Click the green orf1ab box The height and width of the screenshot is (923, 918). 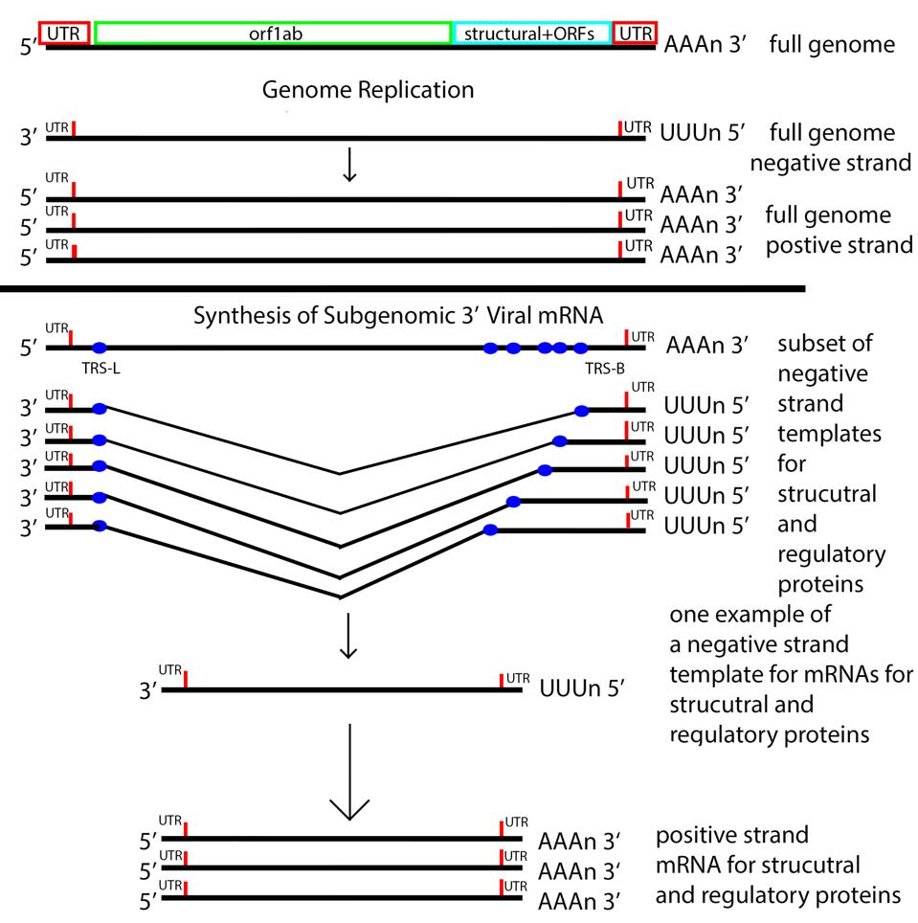tap(273, 33)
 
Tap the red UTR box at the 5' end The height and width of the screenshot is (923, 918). tap(64, 33)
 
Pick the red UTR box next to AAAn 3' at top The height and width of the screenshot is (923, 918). tap(636, 33)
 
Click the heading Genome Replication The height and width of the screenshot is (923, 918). tap(368, 90)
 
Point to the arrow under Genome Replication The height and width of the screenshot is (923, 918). tap(350, 164)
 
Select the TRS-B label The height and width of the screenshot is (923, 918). tap(602, 367)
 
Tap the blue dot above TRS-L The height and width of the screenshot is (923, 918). tap(100, 348)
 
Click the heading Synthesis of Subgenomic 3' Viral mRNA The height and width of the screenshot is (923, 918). tap(397, 315)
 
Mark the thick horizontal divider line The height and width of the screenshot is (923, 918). tap(402, 287)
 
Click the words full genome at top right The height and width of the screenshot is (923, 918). tap(832, 44)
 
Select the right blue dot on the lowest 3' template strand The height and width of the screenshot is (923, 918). tap(491, 529)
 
